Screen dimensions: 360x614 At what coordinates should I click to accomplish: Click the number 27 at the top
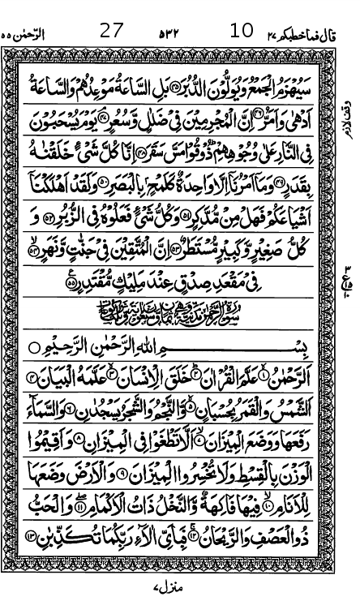point(111,30)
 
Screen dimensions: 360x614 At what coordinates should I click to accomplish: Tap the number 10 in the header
point(241,30)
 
